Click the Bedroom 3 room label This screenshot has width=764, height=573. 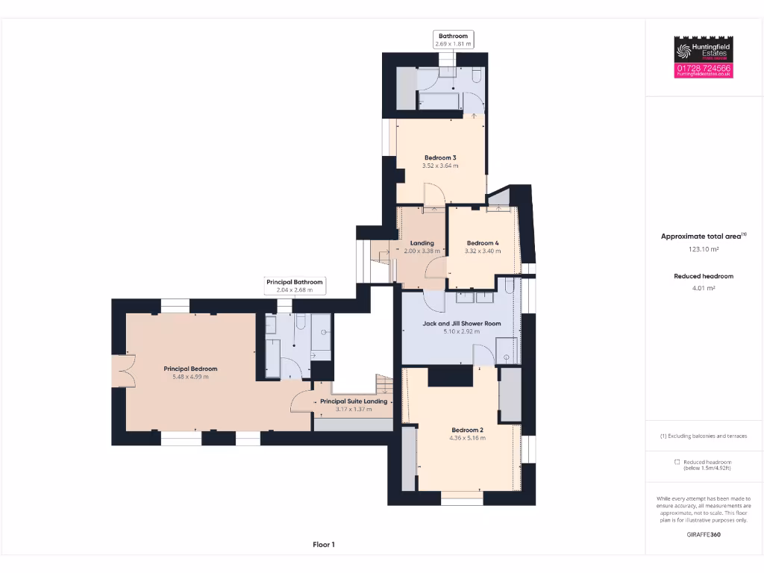tap(440, 157)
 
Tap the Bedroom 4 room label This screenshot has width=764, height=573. tap(482, 243)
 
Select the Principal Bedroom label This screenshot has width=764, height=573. tap(190, 369)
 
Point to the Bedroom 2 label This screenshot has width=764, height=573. tap(468, 430)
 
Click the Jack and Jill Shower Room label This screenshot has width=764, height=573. tap(462, 323)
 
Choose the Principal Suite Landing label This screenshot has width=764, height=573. tap(354, 401)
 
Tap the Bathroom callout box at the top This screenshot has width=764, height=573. tap(453, 40)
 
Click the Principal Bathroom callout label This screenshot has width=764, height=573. tap(295, 282)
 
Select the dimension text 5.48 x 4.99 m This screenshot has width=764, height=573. tap(190, 377)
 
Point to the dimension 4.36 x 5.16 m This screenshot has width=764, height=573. tap(468, 438)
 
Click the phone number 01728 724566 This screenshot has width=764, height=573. tap(704, 68)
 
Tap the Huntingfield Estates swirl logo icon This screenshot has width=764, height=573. tap(684, 51)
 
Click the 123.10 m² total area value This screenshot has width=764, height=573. tap(704, 249)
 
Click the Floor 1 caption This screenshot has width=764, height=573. tap(324, 545)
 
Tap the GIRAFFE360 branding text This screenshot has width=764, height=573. tap(704, 534)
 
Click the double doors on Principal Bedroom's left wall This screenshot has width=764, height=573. tap(122, 370)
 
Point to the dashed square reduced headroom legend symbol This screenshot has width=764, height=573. tap(676, 463)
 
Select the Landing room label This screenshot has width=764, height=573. tap(422, 243)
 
